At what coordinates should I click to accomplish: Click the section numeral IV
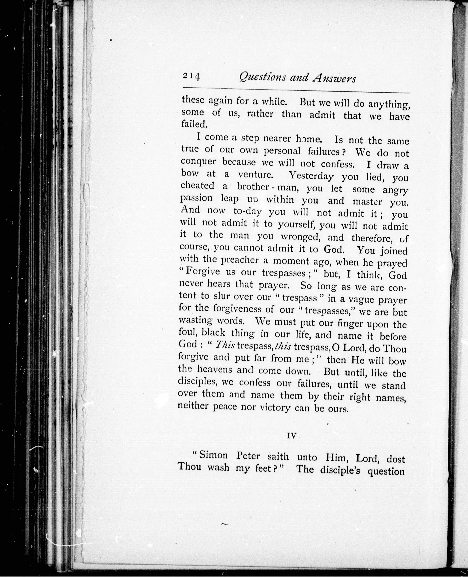click(x=292, y=436)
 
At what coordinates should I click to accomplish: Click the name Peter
click(x=248, y=456)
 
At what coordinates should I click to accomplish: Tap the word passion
click(x=196, y=199)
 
